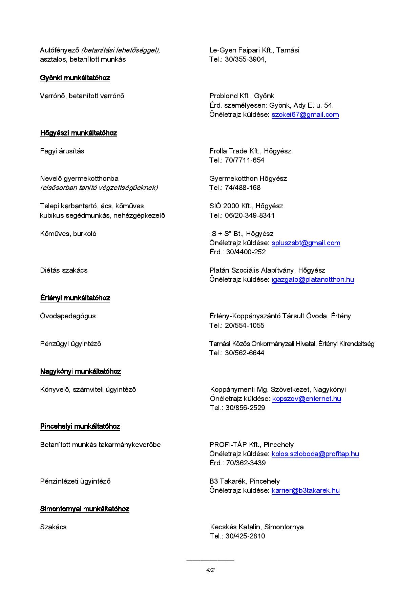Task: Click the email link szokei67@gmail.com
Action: pyautogui.click(x=305, y=114)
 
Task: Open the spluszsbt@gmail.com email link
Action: pyautogui.click(x=306, y=243)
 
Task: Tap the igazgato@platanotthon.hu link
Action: pyautogui.click(x=313, y=279)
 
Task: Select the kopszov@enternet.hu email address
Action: pyautogui.click(x=307, y=399)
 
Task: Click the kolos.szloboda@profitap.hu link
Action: pyautogui.click(x=315, y=454)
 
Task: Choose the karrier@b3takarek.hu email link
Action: pyautogui.click(x=306, y=490)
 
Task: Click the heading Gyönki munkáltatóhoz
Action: pyautogui.click(x=75, y=78)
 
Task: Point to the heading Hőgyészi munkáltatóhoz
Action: pyautogui.click(x=79, y=133)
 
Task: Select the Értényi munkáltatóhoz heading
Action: pyautogui.click(x=75, y=298)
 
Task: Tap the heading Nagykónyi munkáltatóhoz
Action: pyautogui.click(x=81, y=372)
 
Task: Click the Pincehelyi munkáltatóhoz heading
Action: pyautogui.click(x=80, y=426)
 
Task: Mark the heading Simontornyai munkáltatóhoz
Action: pyautogui.click(x=85, y=509)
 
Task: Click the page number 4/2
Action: pyautogui.click(x=210, y=570)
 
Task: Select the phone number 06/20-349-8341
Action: pyautogui.click(x=250, y=215)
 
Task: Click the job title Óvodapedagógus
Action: pyautogui.click(x=68, y=316)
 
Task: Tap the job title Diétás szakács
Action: pyautogui.click(x=64, y=270)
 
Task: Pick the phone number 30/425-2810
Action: pyautogui.click(x=245, y=536)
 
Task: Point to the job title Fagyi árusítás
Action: pyautogui.click(x=62, y=151)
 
